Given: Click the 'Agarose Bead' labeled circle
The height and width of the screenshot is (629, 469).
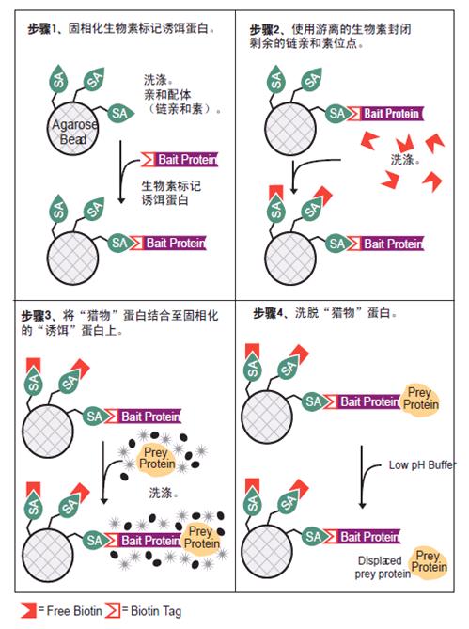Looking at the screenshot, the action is point(72,129).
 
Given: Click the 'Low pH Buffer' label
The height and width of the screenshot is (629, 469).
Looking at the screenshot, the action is point(422,465).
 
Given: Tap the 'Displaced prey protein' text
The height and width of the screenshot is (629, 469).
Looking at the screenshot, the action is point(383,567).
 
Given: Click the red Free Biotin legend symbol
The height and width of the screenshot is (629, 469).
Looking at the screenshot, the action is point(28,610).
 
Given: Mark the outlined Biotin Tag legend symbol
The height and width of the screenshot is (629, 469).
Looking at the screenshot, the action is point(113,610).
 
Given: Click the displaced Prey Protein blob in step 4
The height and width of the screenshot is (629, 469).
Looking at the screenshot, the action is point(428,562).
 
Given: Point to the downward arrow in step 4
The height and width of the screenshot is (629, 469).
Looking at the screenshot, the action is point(362,477).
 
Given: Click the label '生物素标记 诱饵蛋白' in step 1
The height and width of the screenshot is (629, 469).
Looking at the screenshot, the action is point(171,193).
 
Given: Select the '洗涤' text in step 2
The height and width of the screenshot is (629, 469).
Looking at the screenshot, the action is point(403,159).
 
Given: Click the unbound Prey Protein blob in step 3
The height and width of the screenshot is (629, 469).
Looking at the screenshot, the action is point(156,459).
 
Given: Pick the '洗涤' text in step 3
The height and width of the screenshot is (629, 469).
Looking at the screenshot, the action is point(162,493).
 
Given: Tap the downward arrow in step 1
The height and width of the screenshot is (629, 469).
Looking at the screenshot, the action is point(120,172).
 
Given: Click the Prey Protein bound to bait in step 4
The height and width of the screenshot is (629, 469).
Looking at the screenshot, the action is point(420,399).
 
